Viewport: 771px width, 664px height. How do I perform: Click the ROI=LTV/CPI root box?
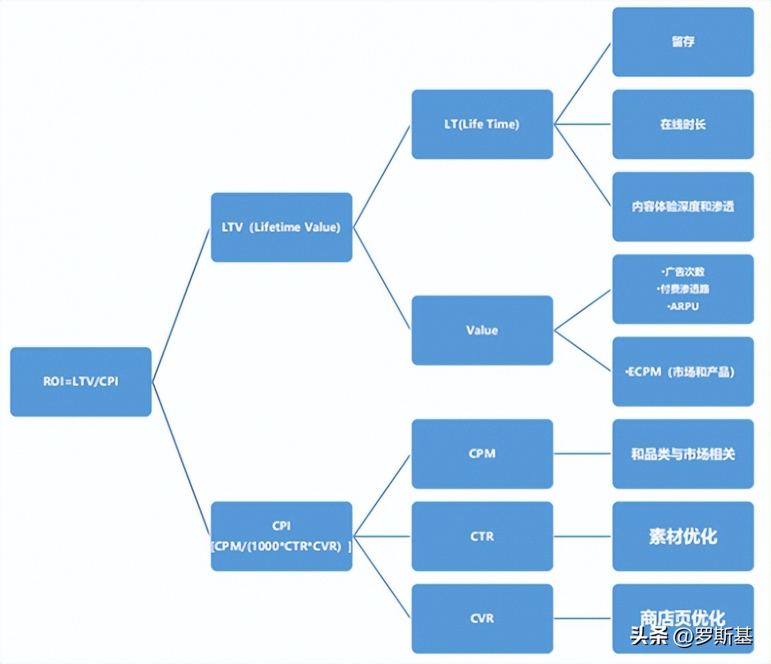point(80,382)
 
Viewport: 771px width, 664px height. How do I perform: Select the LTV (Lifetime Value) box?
point(281,227)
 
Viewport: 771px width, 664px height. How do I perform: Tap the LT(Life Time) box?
point(482,124)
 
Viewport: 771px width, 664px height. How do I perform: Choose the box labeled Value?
point(482,330)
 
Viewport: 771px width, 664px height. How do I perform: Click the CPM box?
point(482,454)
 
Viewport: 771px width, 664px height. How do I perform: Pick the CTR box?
point(482,536)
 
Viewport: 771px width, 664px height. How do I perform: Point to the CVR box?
point(482,618)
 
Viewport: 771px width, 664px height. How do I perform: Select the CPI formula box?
point(281,536)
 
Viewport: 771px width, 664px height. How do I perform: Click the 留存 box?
point(683,42)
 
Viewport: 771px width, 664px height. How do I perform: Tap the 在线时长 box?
point(683,124)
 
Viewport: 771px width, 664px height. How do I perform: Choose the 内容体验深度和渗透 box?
point(683,207)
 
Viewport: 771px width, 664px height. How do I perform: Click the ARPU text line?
point(683,307)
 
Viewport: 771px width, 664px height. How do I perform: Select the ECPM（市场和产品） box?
point(683,372)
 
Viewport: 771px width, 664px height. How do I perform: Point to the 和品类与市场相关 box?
point(683,454)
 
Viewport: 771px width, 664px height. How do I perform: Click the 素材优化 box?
point(683,536)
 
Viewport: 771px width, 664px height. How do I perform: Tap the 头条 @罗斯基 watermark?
point(691,636)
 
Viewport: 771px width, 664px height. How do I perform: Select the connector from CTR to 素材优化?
point(582,536)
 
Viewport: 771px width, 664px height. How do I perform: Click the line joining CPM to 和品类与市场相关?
point(582,454)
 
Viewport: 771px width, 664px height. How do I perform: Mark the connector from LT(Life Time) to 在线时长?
point(582,124)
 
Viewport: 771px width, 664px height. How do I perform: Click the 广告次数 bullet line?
point(683,272)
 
